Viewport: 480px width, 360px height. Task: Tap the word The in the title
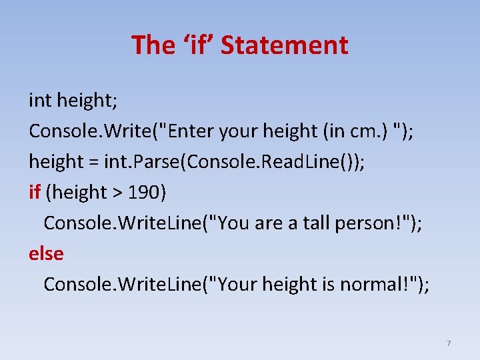click(x=154, y=45)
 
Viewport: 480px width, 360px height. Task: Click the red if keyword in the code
click(x=35, y=193)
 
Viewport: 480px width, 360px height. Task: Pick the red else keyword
click(x=46, y=254)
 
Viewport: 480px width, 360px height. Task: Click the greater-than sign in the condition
click(x=117, y=193)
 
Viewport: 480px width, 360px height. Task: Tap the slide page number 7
click(x=449, y=343)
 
